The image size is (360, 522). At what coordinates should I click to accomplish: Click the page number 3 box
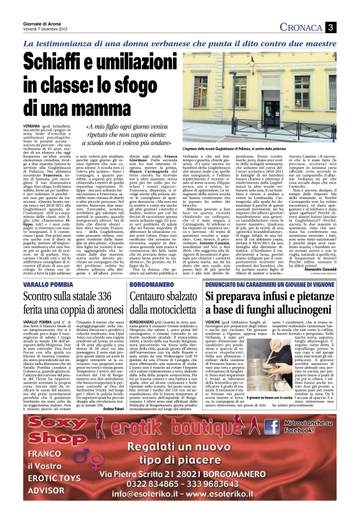(x=349, y=27)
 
